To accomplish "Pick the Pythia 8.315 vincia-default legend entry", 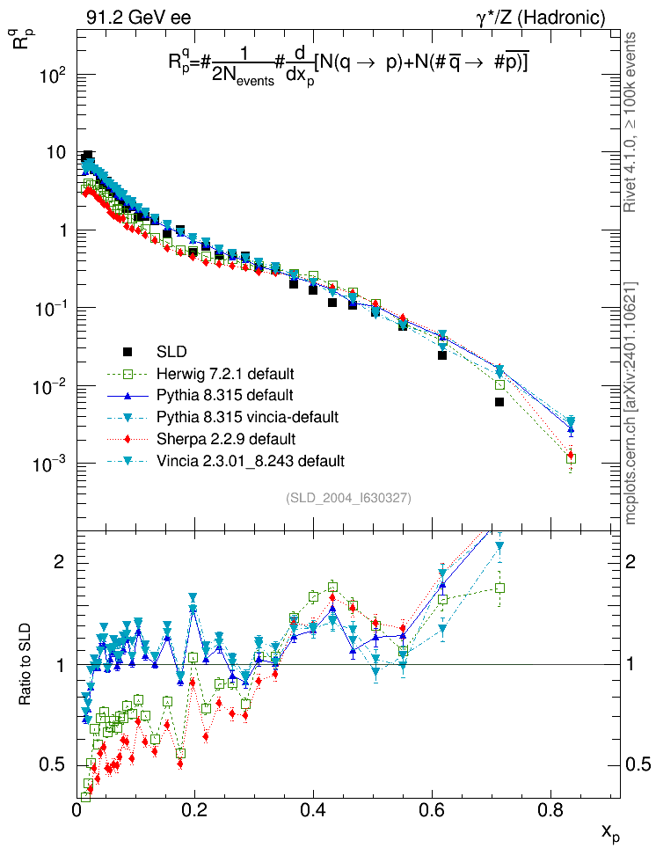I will pyautogui.click(x=247, y=416).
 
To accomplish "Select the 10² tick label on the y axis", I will pyautogui.click(x=55, y=76).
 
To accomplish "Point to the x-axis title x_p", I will pyautogui.click(x=610, y=832).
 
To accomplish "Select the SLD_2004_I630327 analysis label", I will pyautogui.click(x=348, y=498).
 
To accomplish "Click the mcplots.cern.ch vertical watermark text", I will pyautogui.click(x=630, y=406).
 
